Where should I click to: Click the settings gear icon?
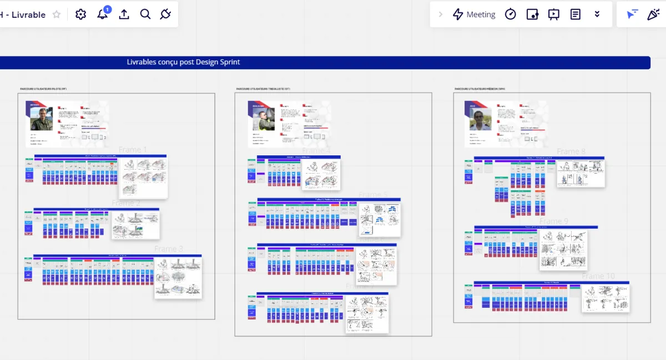(81, 14)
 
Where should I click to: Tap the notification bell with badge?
(103, 14)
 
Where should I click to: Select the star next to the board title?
(56, 15)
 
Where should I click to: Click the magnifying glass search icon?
(145, 14)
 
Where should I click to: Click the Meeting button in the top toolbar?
(474, 14)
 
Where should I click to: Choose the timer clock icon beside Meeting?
(511, 14)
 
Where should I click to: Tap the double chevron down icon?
(597, 14)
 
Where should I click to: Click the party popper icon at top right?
(653, 14)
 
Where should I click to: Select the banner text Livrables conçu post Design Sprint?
(183, 62)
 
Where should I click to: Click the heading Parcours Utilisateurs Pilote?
(43, 89)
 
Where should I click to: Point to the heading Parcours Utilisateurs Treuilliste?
(263, 89)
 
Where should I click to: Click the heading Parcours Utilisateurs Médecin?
(480, 89)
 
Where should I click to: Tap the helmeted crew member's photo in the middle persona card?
(264, 119)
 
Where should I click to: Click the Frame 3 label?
(169, 249)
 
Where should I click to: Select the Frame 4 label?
(316, 150)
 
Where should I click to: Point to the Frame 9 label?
(554, 221)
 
